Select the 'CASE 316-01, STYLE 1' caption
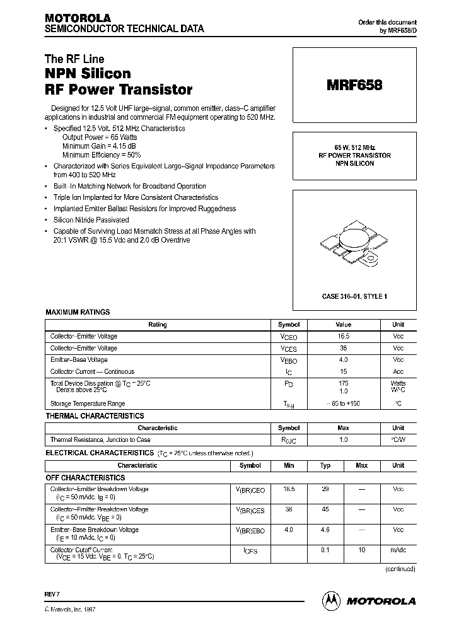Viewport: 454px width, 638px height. tap(354, 296)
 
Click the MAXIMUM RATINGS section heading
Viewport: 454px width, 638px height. tap(78, 312)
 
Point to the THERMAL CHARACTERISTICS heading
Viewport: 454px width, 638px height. tap(95, 416)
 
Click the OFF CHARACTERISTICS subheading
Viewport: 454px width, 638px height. tap(86, 478)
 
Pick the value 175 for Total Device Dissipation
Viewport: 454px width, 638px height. tap(343, 383)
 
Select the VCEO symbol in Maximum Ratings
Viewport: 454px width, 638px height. tap(288, 337)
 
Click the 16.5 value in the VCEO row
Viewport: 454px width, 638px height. tap(343, 337)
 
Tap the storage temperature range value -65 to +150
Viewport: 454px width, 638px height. tap(343, 403)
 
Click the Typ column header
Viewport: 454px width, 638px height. tap(325, 465)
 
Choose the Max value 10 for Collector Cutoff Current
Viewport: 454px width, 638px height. tap(361, 550)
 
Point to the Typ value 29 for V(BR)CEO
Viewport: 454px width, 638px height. tap(325, 489)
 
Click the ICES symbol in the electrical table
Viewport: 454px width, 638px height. tap(250, 551)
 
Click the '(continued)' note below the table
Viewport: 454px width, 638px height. tap(400, 569)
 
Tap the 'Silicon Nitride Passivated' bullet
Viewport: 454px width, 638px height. tap(91, 220)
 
